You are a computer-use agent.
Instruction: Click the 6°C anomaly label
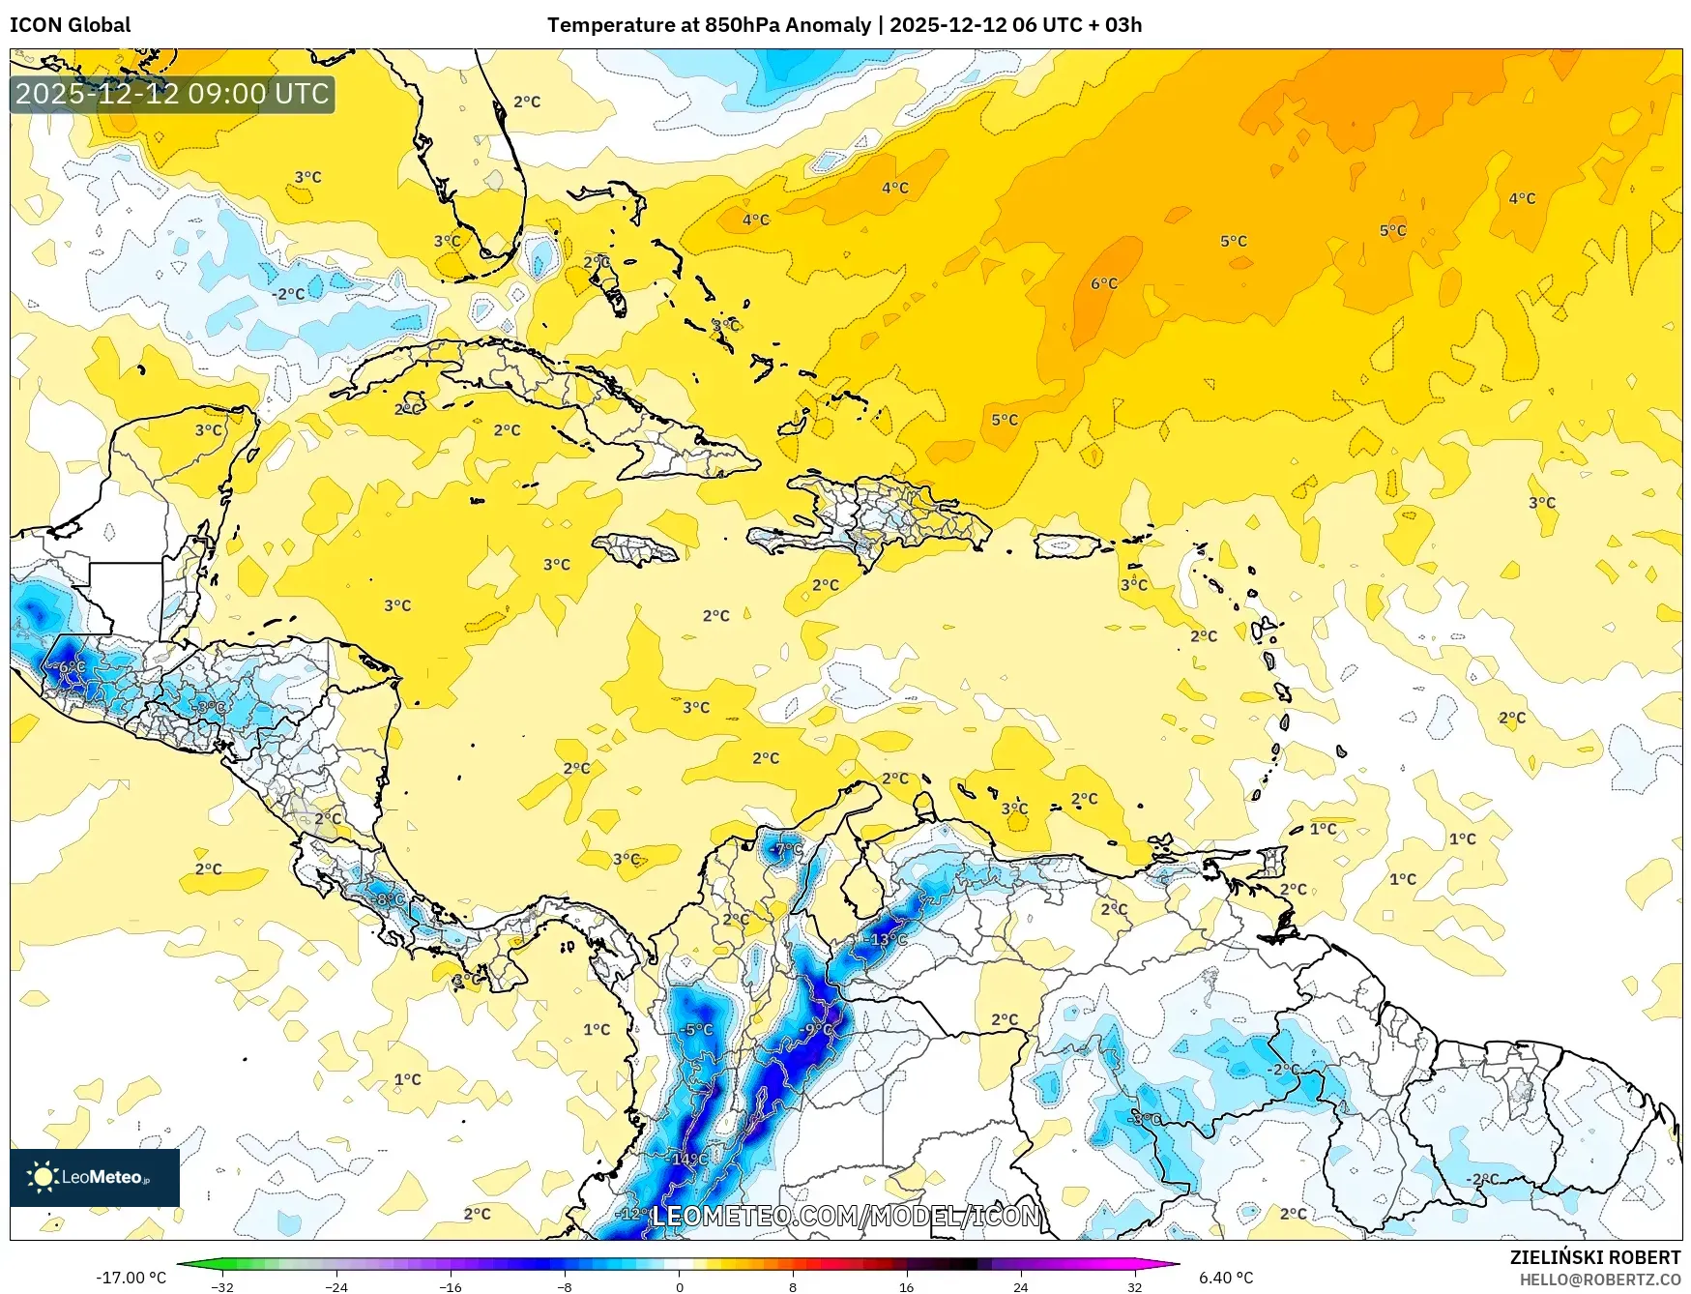pos(1103,283)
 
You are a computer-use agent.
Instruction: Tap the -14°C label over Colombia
pos(688,1159)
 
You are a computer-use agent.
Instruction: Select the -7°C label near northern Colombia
pos(787,849)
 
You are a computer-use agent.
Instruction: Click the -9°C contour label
pos(817,1029)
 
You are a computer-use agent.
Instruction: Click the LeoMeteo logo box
pos(95,1177)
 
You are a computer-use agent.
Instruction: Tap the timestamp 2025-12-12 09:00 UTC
pos(172,94)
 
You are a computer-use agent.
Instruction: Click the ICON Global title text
pos(70,25)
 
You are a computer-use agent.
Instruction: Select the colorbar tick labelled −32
pos(222,1286)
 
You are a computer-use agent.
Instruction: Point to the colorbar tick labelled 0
pos(679,1286)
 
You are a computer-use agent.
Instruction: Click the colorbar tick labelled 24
pos(1020,1286)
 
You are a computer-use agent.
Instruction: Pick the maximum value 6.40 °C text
pos(1225,1278)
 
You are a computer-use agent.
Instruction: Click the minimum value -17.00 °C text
pos(131,1278)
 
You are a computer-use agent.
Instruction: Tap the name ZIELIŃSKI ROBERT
pos(1594,1257)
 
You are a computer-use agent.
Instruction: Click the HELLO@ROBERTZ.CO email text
pos(1599,1279)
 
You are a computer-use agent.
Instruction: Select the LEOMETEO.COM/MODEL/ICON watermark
pos(846,1216)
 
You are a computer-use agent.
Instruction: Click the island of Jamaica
pos(635,549)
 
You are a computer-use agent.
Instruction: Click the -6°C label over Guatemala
pos(70,667)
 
